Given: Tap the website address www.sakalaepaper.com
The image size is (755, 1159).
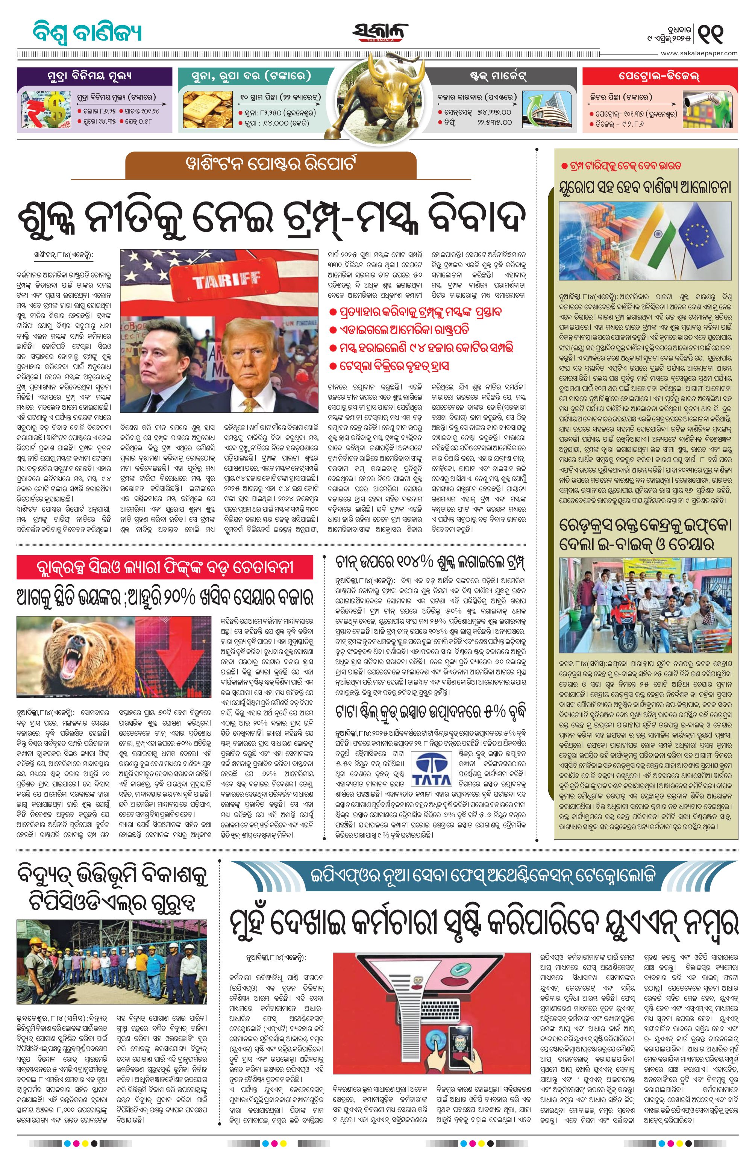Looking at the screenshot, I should pyautogui.click(x=699, y=53).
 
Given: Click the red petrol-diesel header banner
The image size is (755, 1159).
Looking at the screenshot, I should pyautogui.click(x=659, y=76).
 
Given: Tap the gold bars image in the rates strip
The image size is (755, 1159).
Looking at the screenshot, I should pyautogui.click(x=208, y=109).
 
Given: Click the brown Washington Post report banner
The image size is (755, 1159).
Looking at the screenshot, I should pyautogui.click(x=270, y=165).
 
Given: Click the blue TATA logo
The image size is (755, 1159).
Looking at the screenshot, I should pyautogui.click(x=432, y=770).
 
